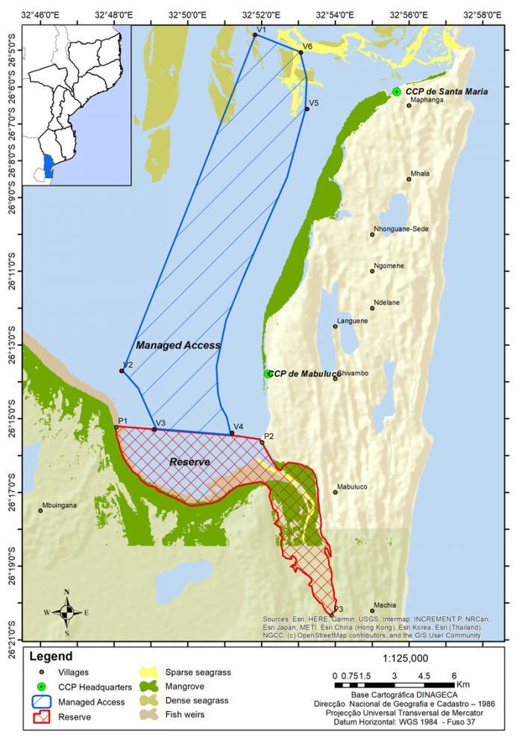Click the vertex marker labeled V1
[255, 35]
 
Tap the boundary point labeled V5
[307, 110]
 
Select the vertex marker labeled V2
[122, 371]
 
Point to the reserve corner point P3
[332, 615]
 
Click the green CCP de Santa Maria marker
[396, 92]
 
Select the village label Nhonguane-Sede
[400, 229]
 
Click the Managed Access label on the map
[177, 345]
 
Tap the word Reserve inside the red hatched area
[189, 462]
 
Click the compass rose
[67, 613]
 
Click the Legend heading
[51, 657]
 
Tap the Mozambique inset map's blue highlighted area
[48, 165]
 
